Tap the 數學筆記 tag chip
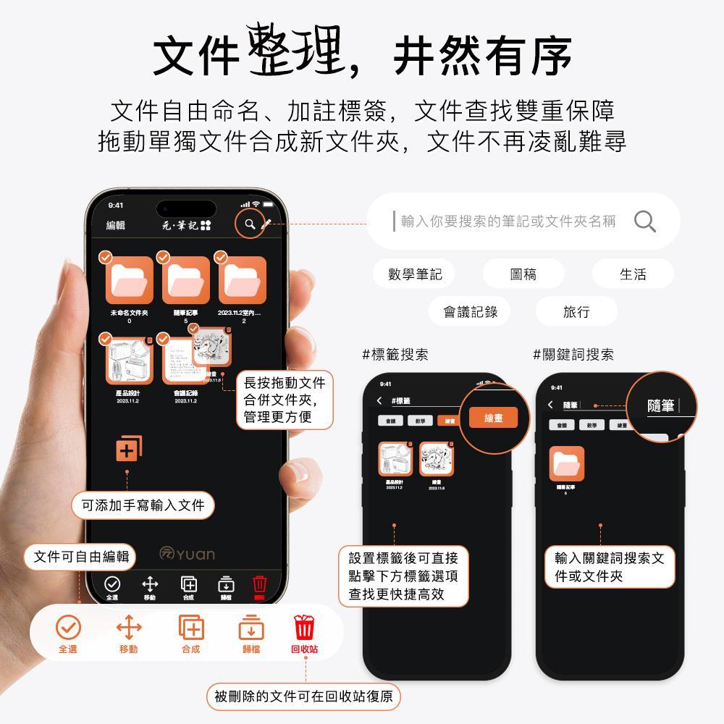tap(414, 274)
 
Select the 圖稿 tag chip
tap(523, 274)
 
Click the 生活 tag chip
tap(632, 274)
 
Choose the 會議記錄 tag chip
tap(470, 311)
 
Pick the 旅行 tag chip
tap(576, 311)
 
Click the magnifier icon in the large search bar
tap(644, 222)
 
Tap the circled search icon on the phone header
tap(250, 224)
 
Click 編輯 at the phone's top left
tap(116, 225)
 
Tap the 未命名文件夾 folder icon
tap(129, 281)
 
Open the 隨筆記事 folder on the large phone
tap(185, 281)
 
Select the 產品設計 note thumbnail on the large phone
tap(129, 359)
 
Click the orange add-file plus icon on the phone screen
tap(128, 449)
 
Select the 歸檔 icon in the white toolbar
tap(251, 627)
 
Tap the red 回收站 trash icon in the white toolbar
tap(304, 627)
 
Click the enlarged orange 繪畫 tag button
tap(493, 418)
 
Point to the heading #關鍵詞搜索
tap(573, 355)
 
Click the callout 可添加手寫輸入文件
tap(143, 505)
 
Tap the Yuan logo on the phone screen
tap(187, 555)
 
